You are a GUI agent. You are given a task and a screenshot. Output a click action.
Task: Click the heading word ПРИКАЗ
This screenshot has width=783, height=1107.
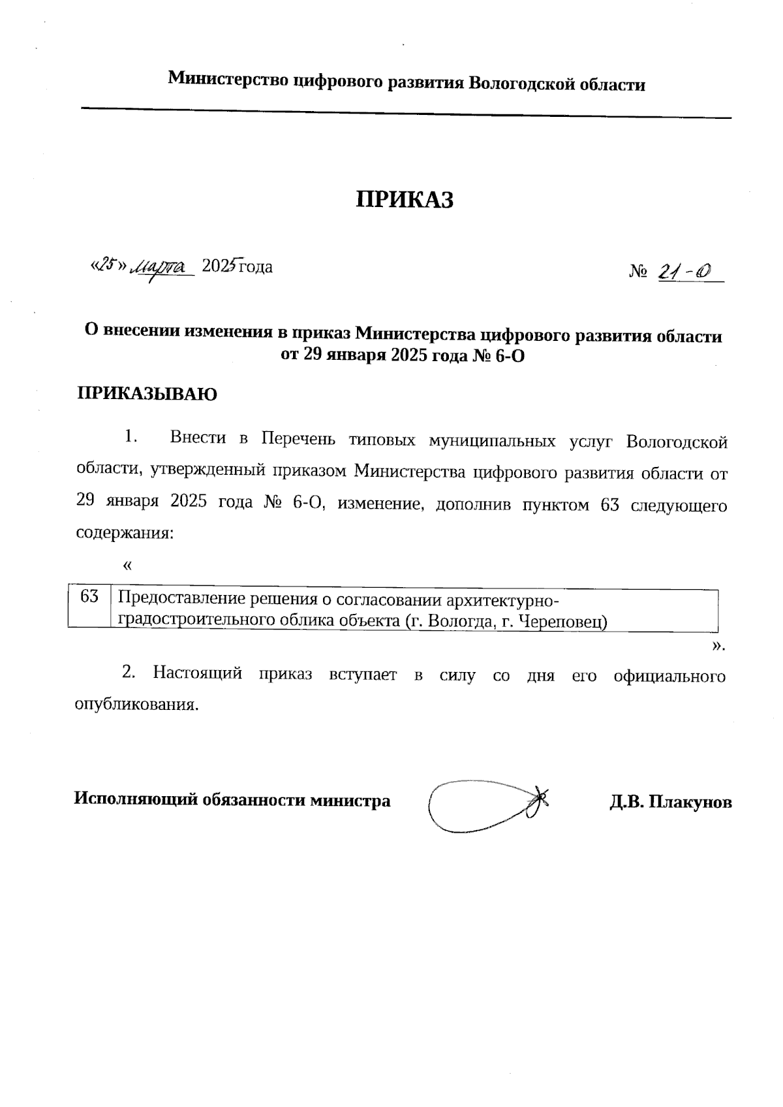tap(404, 200)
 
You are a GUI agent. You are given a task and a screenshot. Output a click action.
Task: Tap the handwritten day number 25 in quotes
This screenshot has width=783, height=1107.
tap(107, 264)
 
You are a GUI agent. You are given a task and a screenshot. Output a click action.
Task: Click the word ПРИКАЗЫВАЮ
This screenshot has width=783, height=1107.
tap(147, 394)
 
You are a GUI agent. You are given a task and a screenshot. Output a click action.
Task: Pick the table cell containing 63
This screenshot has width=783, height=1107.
tap(90, 596)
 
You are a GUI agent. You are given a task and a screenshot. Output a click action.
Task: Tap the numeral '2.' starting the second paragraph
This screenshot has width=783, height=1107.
tap(129, 672)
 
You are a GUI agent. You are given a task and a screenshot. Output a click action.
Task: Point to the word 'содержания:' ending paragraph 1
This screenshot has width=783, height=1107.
tap(125, 533)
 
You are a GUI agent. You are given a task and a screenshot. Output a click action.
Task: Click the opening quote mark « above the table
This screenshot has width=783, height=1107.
tap(127, 564)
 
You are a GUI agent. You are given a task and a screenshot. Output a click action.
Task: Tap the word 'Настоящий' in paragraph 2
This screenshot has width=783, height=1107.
tap(198, 673)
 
